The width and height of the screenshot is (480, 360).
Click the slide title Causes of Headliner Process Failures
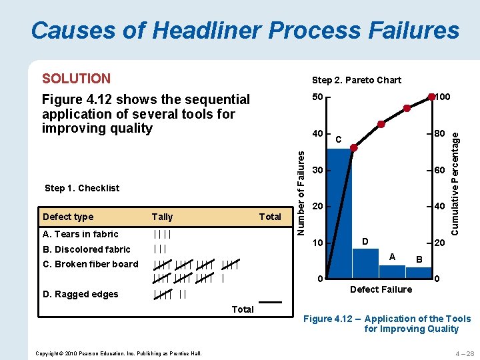(245, 31)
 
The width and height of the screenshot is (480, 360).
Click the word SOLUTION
(76, 79)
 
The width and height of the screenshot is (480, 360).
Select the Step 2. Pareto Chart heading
(357, 80)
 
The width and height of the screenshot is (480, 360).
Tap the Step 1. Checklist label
(82, 188)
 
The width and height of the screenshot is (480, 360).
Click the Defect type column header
(68, 217)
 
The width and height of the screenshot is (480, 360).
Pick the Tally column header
(162, 217)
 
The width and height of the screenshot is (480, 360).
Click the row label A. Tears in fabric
(80, 234)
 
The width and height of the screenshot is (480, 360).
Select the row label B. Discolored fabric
(87, 249)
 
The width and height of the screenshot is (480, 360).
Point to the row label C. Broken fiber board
(90, 264)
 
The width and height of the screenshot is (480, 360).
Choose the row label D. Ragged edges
(80, 294)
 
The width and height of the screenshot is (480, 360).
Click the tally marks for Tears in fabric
(162, 234)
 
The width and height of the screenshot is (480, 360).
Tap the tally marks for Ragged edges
(169, 294)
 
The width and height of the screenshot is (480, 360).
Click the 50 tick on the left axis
(317, 98)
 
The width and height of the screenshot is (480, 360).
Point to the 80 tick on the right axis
(439, 134)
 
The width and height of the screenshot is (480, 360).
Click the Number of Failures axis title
(301, 192)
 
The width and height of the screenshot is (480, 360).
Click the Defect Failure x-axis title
(381, 289)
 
